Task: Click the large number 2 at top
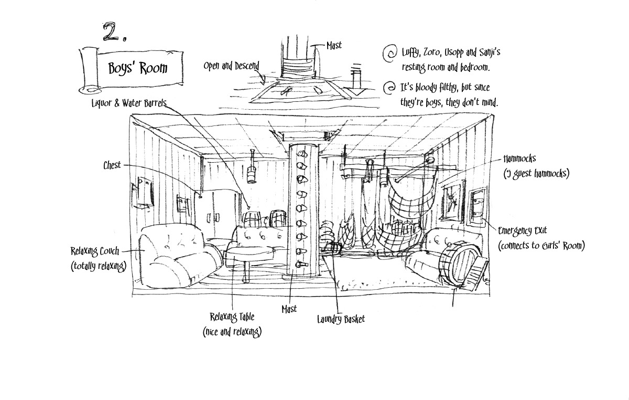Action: point(112,31)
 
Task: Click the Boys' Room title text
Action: point(138,68)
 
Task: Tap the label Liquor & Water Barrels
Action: point(129,103)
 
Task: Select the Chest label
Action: point(112,165)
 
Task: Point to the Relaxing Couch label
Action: point(95,251)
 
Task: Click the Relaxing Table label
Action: point(232,317)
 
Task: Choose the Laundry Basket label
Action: point(341,319)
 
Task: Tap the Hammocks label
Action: point(519,159)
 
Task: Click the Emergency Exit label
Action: point(523,231)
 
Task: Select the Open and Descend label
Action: point(231,66)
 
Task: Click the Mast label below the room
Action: point(289,309)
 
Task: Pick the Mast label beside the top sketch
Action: point(334,46)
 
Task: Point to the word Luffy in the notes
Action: point(411,53)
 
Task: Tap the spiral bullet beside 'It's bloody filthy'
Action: point(389,88)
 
